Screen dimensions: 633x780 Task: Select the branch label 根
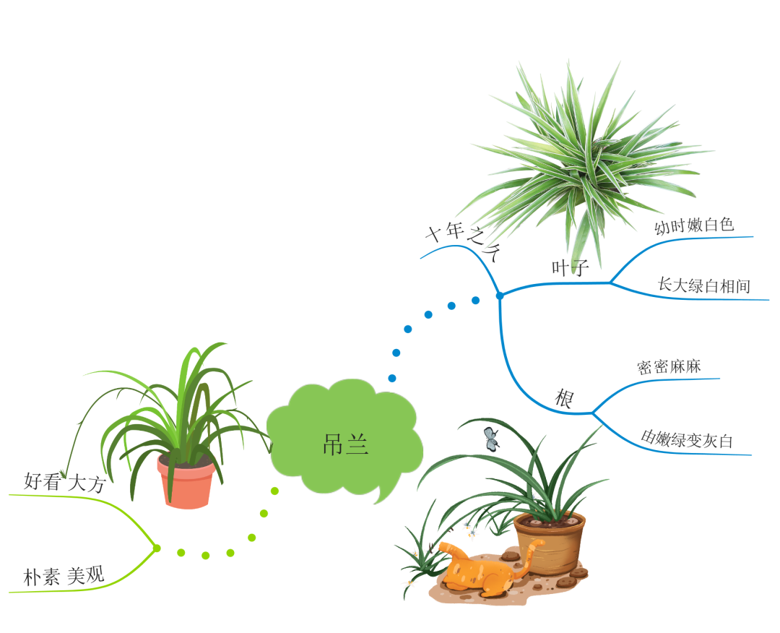click(563, 398)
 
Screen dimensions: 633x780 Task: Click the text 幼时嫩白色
click(694, 225)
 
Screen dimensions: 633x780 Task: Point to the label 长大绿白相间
click(704, 285)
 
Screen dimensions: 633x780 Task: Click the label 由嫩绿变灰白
click(687, 439)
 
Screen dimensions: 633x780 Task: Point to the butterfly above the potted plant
click(492, 438)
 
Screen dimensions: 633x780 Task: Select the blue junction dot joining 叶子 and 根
click(499, 296)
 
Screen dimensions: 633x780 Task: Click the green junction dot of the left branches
click(156, 548)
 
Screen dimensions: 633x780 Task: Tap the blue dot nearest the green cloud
click(392, 378)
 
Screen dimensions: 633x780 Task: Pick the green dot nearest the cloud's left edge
click(274, 491)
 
